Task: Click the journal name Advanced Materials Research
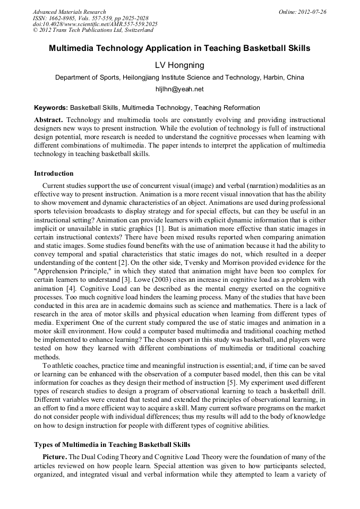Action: pos(70,12)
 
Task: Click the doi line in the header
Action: pos(95,24)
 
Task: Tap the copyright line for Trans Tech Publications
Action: pos(93,31)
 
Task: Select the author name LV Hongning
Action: pos(179,65)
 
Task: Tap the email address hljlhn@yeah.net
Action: pos(179,89)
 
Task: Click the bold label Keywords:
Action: pos(51,108)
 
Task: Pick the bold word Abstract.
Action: pos(49,120)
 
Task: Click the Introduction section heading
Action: pos(54,174)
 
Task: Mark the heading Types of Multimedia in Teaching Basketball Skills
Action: pos(112,444)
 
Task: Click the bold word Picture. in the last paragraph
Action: pos(55,456)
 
